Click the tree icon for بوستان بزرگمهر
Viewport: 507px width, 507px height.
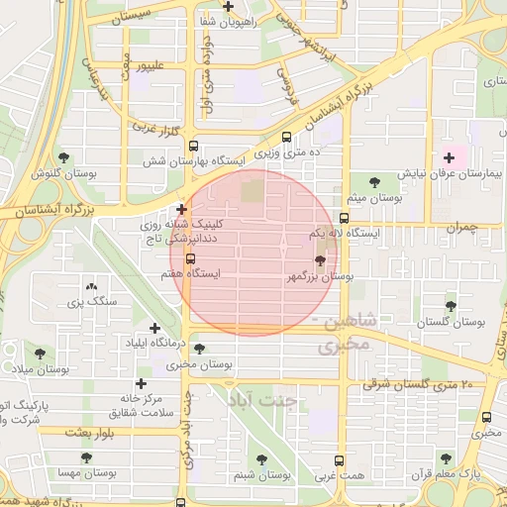319,260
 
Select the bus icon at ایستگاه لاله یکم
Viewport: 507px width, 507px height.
344,219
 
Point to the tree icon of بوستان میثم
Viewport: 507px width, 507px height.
374,181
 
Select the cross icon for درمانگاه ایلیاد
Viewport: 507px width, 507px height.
154,328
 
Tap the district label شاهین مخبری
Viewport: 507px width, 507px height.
343,335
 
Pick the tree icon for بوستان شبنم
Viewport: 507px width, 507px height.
261,459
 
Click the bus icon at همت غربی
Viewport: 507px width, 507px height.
340,460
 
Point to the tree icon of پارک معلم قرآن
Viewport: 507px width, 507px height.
444,458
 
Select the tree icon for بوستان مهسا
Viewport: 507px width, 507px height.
85,458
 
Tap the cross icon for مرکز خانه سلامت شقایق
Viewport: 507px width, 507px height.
141,383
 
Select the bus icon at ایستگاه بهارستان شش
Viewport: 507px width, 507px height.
287,138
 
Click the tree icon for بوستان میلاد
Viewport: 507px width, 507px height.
40,353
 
